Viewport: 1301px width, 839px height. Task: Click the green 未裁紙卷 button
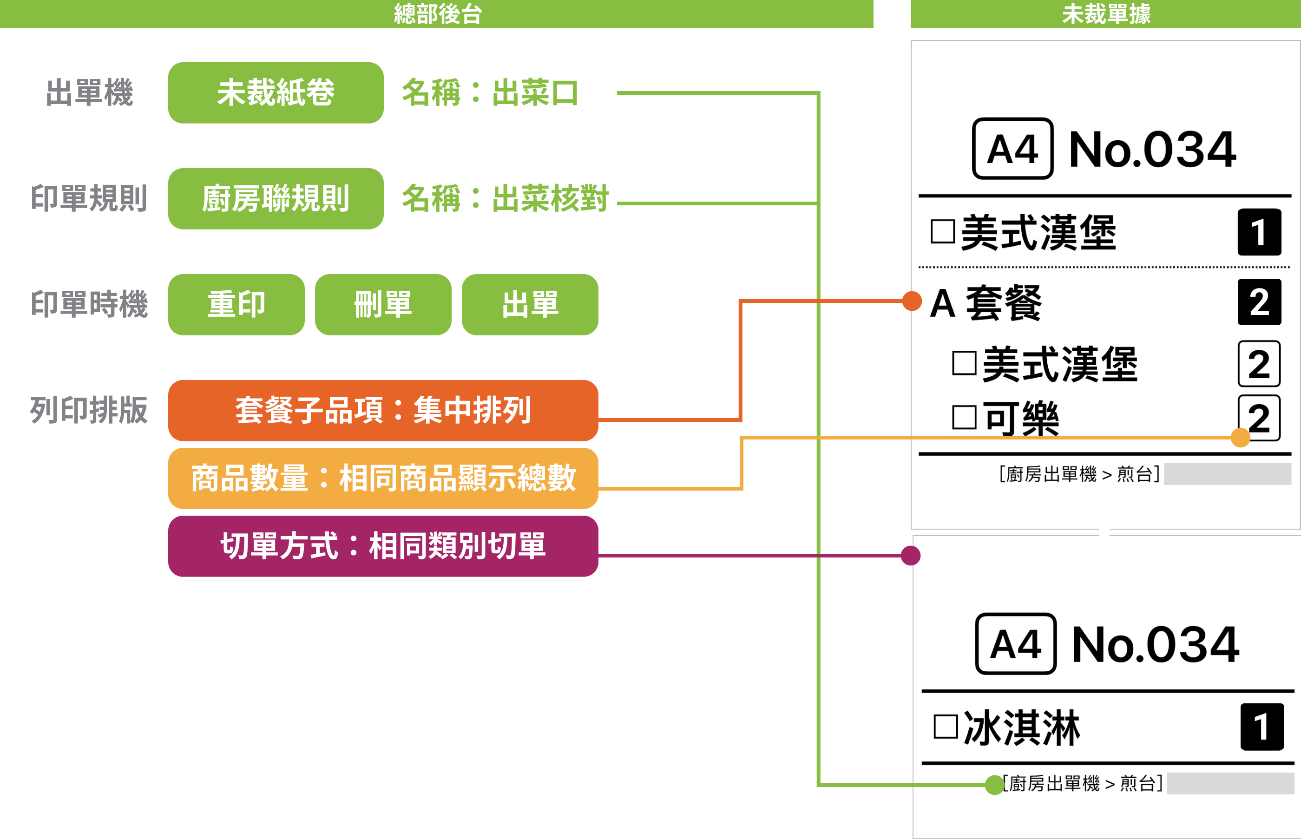[276, 92]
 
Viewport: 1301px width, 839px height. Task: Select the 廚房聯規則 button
[276, 198]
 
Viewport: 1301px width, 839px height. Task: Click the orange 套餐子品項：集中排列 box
[383, 410]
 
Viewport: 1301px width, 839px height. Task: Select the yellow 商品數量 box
[383, 478]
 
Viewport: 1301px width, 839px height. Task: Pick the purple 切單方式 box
[383, 546]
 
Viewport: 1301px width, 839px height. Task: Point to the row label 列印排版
[89, 410]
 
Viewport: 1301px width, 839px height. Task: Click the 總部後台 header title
[438, 13]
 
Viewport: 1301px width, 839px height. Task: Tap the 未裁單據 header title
[1106, 13]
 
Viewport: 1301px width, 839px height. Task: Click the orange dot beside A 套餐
[912, 301]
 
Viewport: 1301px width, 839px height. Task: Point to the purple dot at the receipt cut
[910, 556]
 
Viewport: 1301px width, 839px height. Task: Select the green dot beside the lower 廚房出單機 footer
[994, 785]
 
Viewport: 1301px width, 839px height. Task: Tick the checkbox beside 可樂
[964, 417]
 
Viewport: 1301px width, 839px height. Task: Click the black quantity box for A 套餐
[1259, 302]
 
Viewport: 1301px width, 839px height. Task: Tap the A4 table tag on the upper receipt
[1013, 149]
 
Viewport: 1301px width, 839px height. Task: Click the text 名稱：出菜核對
[505, 198]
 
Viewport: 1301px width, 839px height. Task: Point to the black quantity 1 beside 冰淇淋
[1262, 727]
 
